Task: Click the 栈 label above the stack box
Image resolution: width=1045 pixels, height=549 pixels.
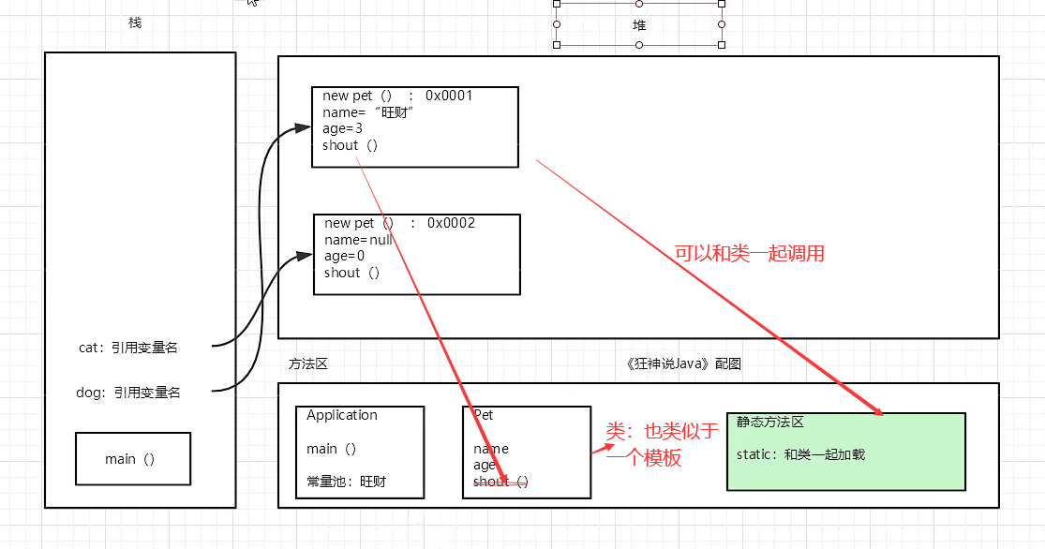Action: coord(135,22)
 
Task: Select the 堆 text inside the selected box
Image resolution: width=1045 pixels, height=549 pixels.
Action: coord(639,25)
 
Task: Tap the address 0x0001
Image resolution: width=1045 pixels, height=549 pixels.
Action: coord(449,96)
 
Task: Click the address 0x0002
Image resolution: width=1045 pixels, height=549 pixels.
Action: coord(451,223)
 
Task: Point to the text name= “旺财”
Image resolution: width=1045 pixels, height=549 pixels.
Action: coord(368,112)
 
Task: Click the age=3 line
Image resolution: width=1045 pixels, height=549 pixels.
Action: coord(342,128)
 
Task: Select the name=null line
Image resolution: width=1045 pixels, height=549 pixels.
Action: coord(358,239)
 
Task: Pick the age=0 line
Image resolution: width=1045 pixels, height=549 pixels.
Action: coord(344,256)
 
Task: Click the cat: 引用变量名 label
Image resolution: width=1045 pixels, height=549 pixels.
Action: coord(128,348)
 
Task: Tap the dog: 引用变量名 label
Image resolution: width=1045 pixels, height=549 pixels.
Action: coord(128,393)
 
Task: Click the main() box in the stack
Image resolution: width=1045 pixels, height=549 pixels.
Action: coord(132,459)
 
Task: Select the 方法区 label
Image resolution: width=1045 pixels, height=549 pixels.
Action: coord(308,364)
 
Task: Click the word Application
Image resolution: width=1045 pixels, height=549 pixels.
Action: coord(342,415)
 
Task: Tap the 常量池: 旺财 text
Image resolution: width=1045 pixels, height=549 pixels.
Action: coord(346,482)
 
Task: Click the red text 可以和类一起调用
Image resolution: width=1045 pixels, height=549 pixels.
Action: coord(750,254)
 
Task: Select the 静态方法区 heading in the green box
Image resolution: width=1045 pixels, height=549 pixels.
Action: coord(770,423)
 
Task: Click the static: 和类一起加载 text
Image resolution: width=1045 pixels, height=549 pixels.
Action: coord(800,454)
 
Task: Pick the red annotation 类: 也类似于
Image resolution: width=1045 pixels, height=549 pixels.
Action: coord(662,431)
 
